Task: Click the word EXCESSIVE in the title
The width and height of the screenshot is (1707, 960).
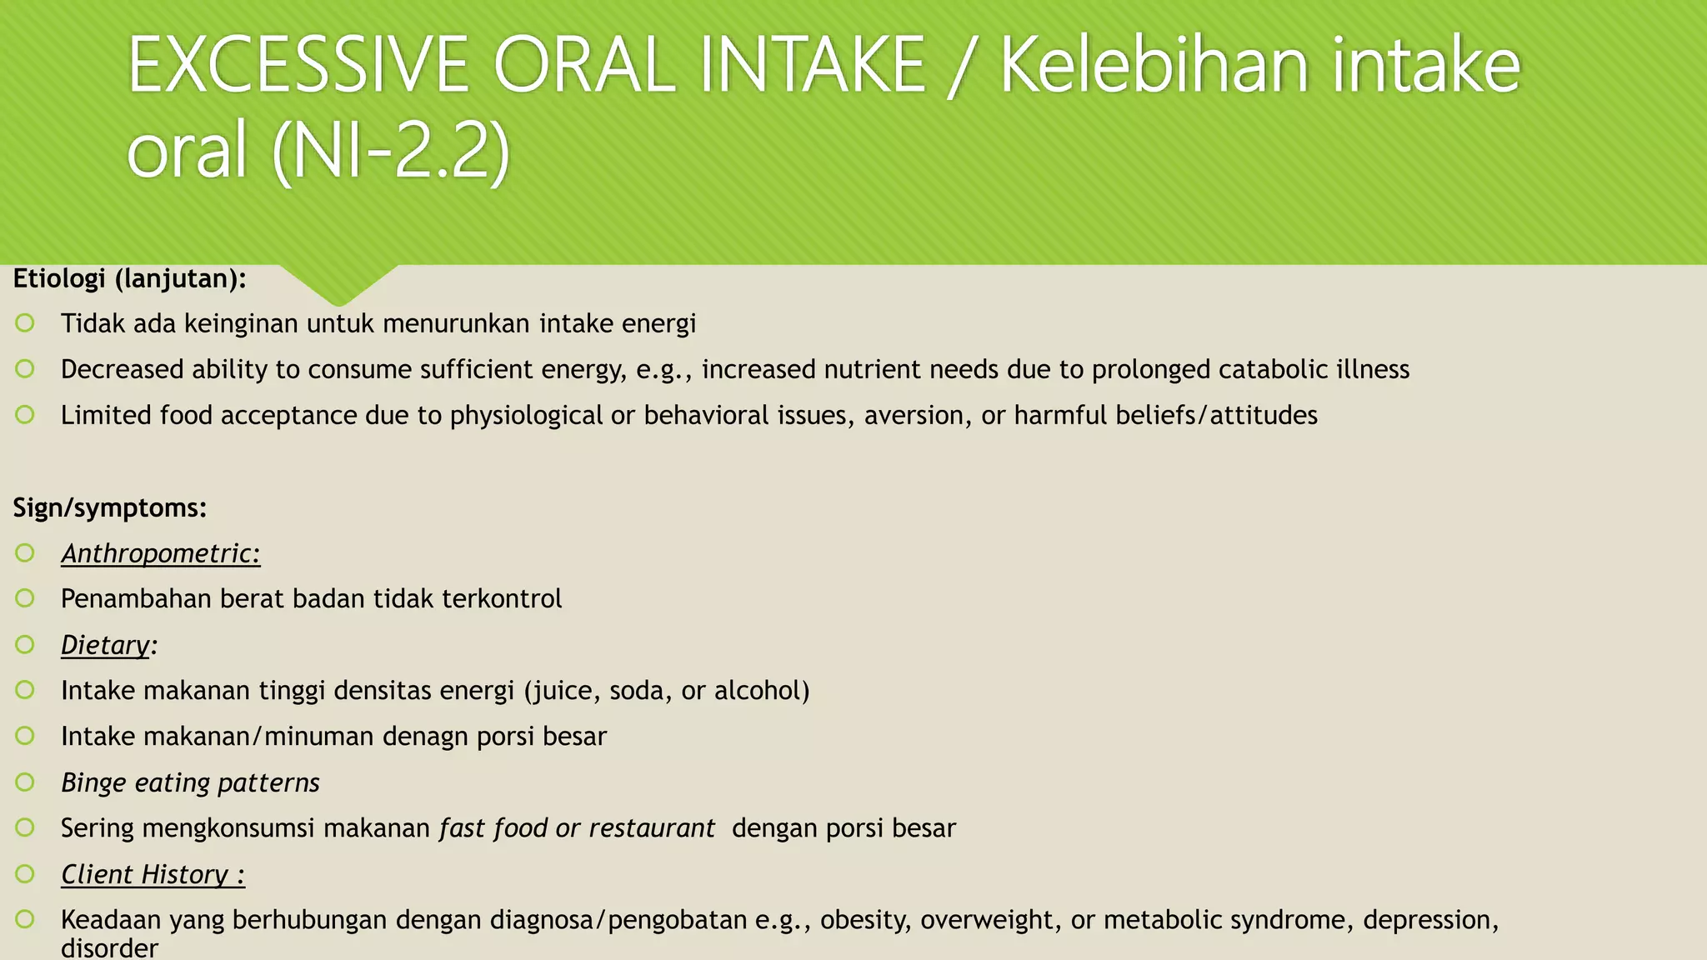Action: pos(298,67)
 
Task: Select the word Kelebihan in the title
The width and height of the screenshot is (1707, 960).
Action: pos(1154,67)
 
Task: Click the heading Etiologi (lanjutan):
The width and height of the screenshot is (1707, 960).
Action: pos(130,278)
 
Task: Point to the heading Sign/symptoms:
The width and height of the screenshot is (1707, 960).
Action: pos(110,507)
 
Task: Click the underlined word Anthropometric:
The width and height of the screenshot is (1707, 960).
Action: pos(161,553)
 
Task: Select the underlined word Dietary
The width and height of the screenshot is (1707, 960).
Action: pos(106,645)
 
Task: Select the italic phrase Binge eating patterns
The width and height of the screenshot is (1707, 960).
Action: pos(190,782)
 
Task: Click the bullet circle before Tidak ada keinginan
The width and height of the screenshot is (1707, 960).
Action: pos(25,322)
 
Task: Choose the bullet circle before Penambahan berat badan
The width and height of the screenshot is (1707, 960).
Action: pos(25,598)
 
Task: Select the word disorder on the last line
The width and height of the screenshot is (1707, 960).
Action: pos(109,948)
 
